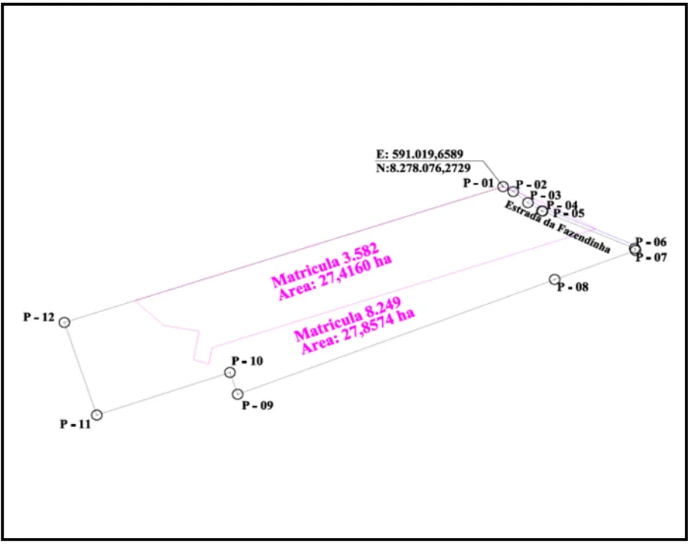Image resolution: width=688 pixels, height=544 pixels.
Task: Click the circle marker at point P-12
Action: pyautogui.click(x=65, y=322)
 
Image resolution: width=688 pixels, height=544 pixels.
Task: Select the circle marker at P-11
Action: pyautogui.click(x=97, y=415)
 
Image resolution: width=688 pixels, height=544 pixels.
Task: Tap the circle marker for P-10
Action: pyautogui.click(x=229, y=373)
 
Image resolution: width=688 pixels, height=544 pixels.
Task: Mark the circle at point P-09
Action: pyautogui.click(x=238, y=394)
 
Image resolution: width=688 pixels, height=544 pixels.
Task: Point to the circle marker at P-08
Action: pyautogui.click(x=555, y=280)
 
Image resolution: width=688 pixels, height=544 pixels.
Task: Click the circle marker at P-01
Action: pyautogui.click(x=503, y=187)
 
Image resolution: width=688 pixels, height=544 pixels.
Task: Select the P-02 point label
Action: pyautogui.click(x=531, y=184)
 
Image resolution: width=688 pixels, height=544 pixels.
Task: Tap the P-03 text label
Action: pyautogui.click(x=546, y=195)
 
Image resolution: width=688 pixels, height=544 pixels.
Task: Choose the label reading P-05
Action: pyautogui.click(x=569, y=213)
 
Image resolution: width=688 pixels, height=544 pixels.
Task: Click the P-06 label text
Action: pyautogui.click(x=651, y=241)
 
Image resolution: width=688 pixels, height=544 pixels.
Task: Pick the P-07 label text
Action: pyautogui.click(x=651, y=258)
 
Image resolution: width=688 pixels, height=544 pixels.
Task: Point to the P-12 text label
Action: pyautogui.click(x=39, y=317)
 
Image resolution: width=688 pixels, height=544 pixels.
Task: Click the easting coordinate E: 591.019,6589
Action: pyautogui.click(x=420, y=154)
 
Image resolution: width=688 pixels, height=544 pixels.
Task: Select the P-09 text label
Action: pyautogui.click(x=258, y=406)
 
